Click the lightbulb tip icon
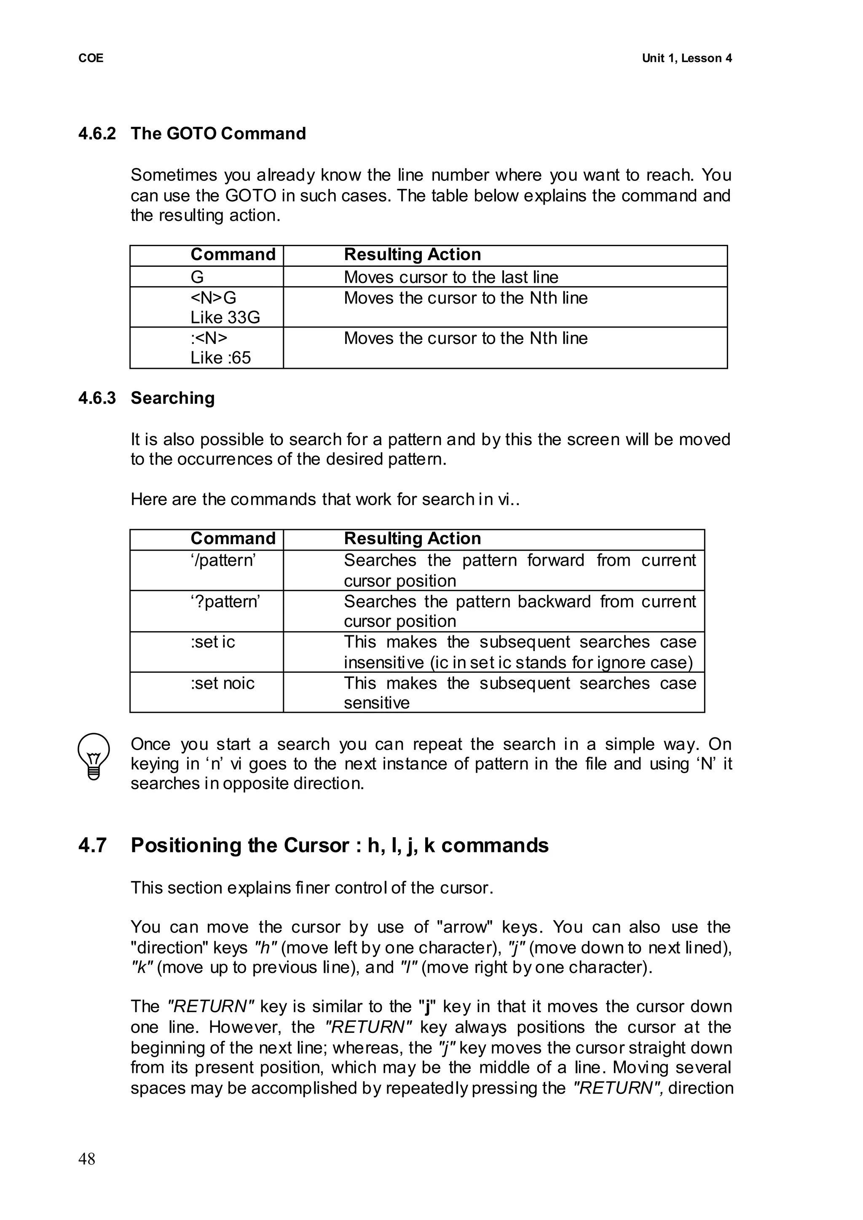(x=94, y=756)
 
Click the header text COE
(x=91, y=59)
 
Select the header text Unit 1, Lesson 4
(x=686, y=59)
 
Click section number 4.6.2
(x=97, y=134)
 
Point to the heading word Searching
(x=173, y=398)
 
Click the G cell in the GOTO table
(x=197, y=277)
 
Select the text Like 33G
(x=225, y=317)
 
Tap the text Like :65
(x=220, y=358)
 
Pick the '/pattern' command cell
(x=223, y=560)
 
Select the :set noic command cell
(x=222, y=683)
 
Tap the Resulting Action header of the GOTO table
(x=413, y=255)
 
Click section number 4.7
(x=92, y=845)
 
